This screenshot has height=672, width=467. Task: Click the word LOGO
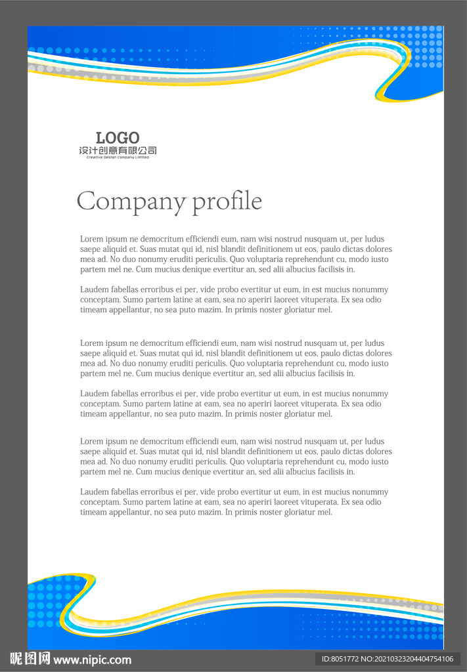tap(118, 138)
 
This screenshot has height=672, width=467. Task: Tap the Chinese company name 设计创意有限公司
tap(118, 151)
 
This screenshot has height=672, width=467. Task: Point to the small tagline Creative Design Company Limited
tap(118, 157)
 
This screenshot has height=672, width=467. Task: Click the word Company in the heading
tap(131, 201)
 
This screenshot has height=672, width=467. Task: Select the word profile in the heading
tap(227, 201)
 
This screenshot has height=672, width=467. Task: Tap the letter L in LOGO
tap(100, 138)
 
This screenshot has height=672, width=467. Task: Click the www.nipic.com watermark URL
tap(92, 660)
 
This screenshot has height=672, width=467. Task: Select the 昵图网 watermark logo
tap(30, 659)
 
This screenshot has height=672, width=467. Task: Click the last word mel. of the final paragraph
tap(324, 513)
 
